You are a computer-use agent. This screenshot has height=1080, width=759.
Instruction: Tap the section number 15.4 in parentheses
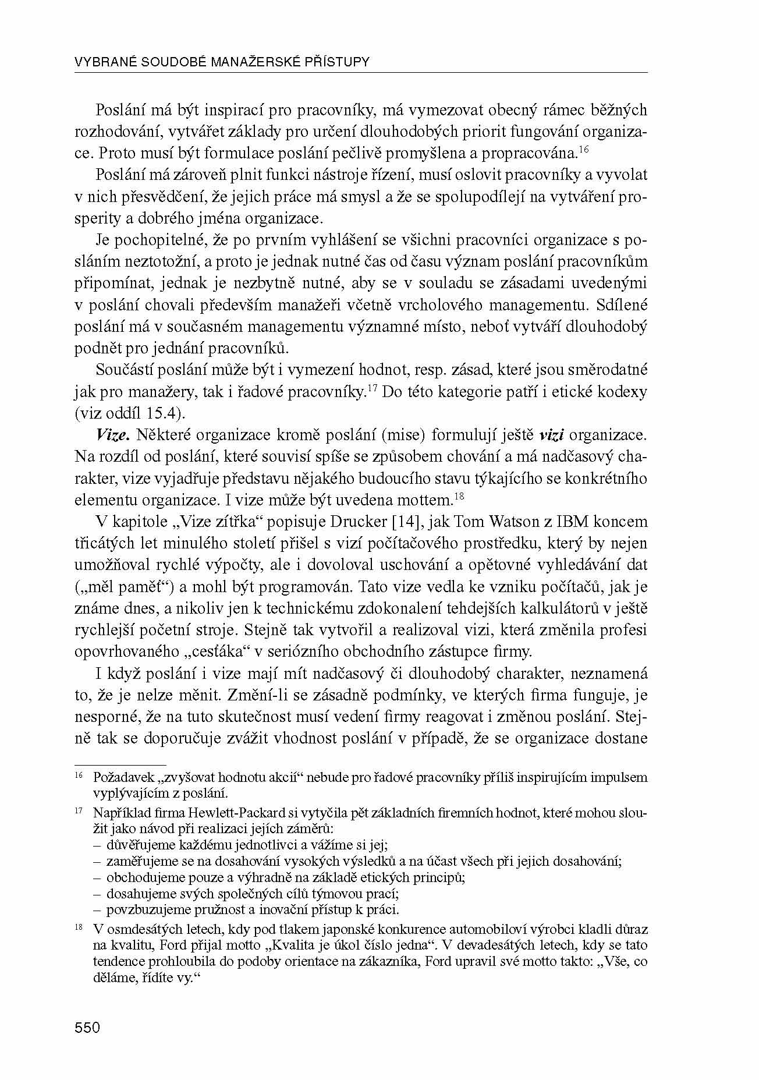166,414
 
